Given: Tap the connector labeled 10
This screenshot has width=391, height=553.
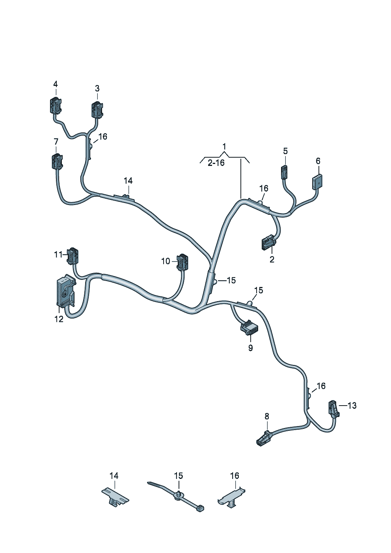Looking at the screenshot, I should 182,262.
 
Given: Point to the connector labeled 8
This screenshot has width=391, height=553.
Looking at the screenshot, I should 263,438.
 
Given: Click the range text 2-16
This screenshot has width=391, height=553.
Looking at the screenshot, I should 216,162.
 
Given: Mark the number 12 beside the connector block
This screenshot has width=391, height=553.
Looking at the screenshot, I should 59,319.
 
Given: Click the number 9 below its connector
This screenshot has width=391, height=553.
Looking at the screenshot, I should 251,348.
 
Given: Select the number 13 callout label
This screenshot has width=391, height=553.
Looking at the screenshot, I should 352,405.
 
